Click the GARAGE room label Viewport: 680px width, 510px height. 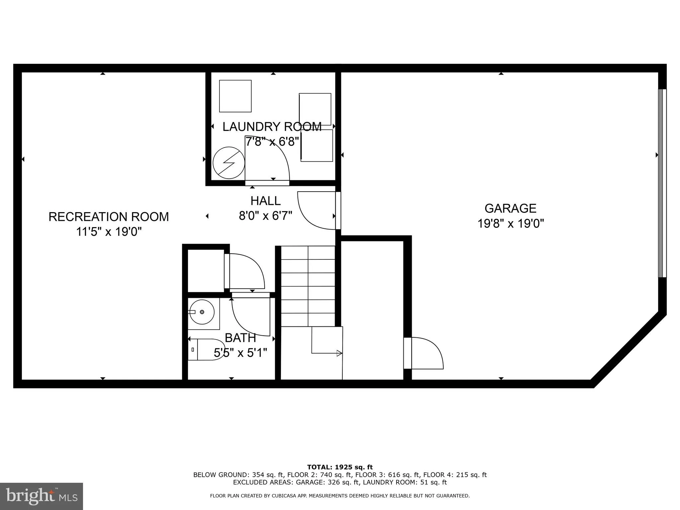click(x=510, y=208)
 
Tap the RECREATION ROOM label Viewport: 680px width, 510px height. click(x=109, y=217)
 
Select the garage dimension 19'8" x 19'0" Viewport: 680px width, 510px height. click(x=510, y=223)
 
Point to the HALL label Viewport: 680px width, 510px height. click(x=265, y=201)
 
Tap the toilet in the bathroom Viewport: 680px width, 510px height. click(x=208, y=349)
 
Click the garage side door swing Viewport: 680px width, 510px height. click(x=427, y=353)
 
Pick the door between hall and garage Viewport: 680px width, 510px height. click(x=317, y=211)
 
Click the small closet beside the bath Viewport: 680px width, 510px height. click(x=206, y=271)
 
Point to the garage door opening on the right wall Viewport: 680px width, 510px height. click(x=662, y=183)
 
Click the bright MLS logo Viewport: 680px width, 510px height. click(x=41, y=496)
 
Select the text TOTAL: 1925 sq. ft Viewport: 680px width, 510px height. click(x=340, y=467)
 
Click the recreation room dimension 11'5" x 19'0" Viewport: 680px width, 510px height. click(x=109, y=232)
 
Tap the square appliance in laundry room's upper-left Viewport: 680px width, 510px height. click(x=235, y=96)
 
